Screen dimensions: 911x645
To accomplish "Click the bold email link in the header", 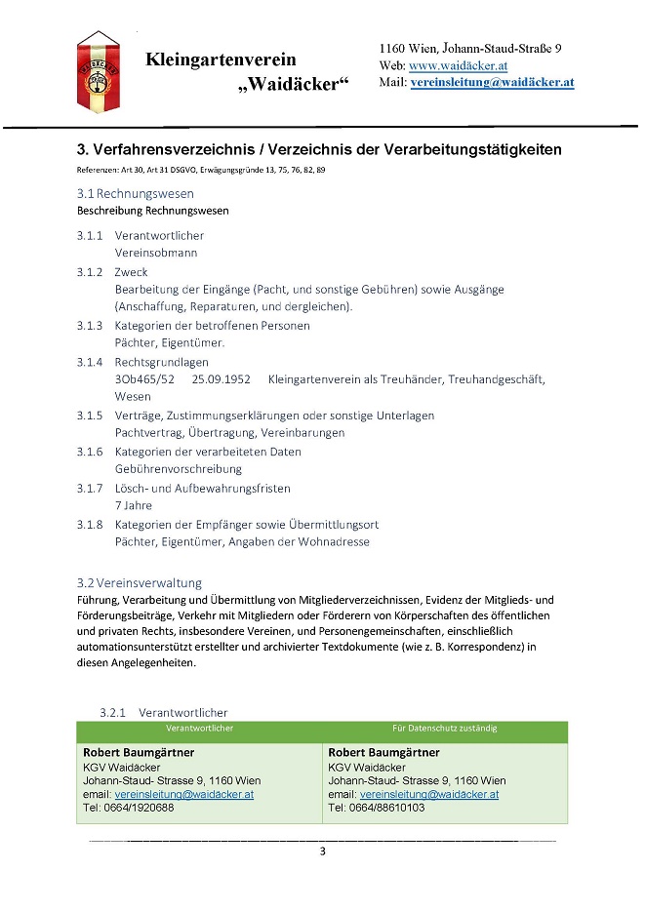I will click(492, 83).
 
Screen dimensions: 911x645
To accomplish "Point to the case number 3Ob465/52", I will click(144, 379).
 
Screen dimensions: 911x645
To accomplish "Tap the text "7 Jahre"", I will click(134, 506).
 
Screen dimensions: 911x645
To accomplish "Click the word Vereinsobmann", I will click(156, 253).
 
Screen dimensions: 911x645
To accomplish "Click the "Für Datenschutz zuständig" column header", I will click(444, 728).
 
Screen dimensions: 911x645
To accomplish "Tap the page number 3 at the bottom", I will click(322, 852).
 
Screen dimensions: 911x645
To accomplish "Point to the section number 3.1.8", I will click(90, 524).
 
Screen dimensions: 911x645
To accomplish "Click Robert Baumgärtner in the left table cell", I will click(139, 753).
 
